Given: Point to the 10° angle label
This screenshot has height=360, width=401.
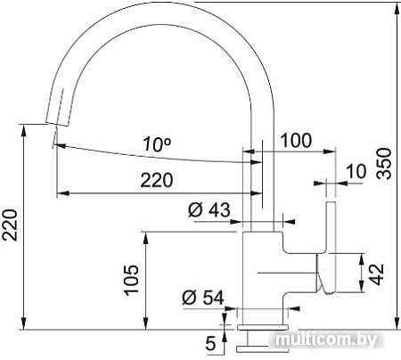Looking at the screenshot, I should tap(157, 143).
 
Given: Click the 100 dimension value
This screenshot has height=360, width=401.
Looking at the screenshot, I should tap(296, 140).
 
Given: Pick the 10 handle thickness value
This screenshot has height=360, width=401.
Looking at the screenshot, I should tap(356, 171).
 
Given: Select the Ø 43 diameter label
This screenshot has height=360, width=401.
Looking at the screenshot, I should tap(209, 210).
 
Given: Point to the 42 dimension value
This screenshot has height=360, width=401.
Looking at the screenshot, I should tap(378, 273).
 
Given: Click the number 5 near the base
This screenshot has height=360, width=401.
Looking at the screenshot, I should tap(209, 340).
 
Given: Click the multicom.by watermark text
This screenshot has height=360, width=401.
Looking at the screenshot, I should tap(327, 340).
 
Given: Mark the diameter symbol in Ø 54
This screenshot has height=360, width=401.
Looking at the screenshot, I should tap(187, 298).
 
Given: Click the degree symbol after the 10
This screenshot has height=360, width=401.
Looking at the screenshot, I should tap(169, 139).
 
